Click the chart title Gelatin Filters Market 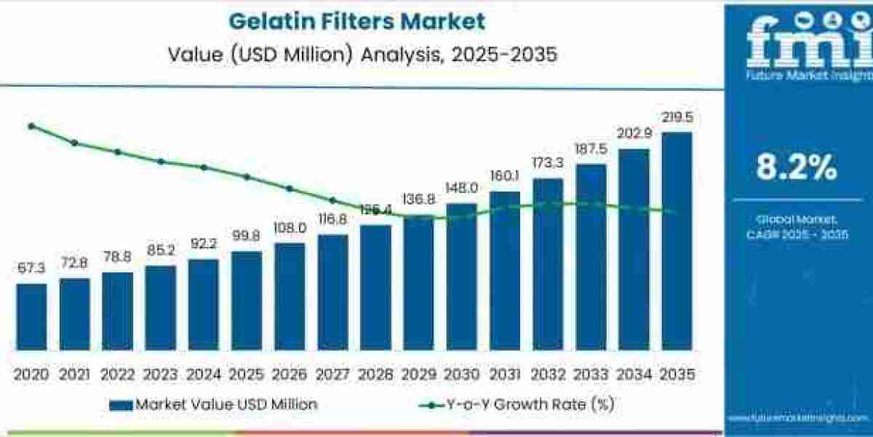[356, 21]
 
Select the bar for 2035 [677, 240]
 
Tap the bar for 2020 [31, 317]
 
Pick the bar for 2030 [462, 277]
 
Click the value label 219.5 [677, 118]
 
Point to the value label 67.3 [31, 269]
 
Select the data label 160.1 [505, 177]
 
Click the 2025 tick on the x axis [246, 374]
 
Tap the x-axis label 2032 [548, 374]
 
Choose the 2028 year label [375, 374]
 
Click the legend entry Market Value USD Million [214, 404]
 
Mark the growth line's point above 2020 [31, 126]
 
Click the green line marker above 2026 [289, 188]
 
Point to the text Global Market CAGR [797, 227]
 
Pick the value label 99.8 [246, 237]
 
